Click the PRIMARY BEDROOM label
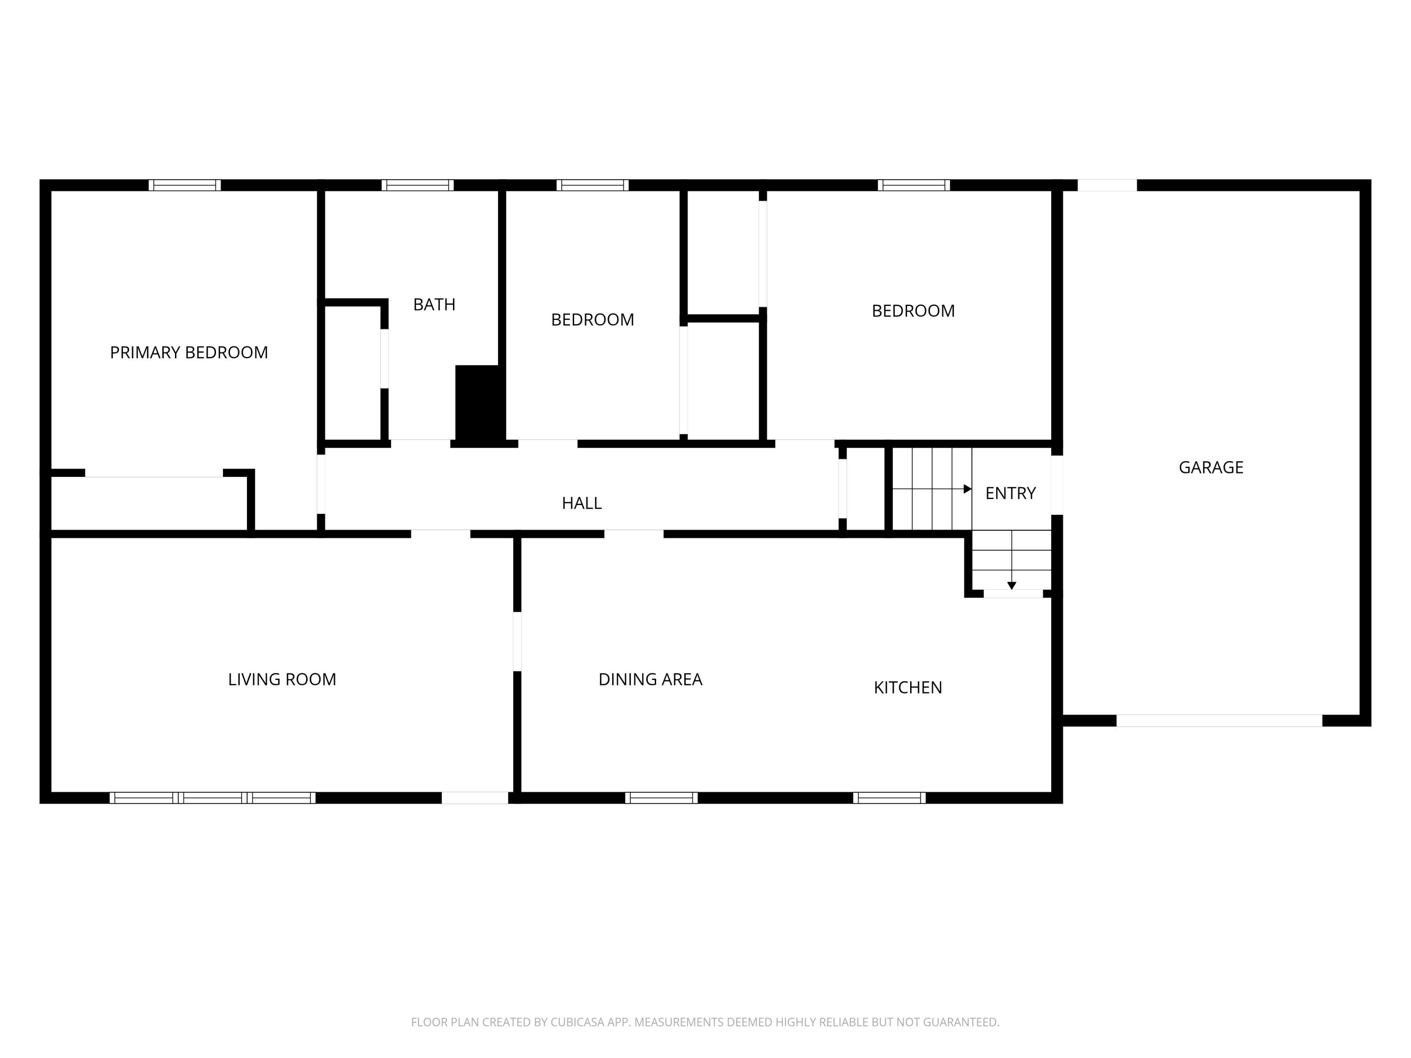tap(189, 353)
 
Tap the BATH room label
tap(435, 305)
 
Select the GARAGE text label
tap(1211, 467)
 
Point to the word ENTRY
tap(1010, 493)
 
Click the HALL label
tap(582, 503)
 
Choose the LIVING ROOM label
tap(282, 679)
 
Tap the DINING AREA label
tap(650, 679)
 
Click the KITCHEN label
tap(908, 687)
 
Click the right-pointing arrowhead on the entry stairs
tap(967, 489)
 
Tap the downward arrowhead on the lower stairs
tap(1012, 585)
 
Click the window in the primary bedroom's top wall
tap(185, 185)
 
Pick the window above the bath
tap(418, 185)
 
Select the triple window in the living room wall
tap(213, 798)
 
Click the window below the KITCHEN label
tap(889, 798)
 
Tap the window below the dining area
tap(661, 798)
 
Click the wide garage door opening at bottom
tap(1219, 721)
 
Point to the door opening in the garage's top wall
tap(1107, 185)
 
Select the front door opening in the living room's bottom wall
tap(475, 798)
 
